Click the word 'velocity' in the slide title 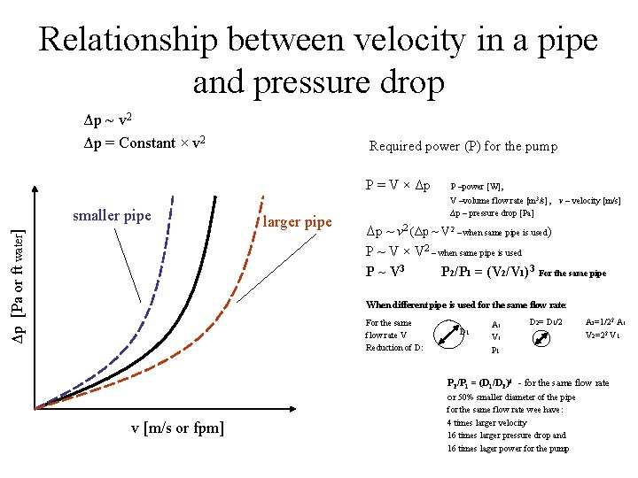click(382, 40)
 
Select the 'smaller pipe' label click(112, 215)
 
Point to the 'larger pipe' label click(297, 221)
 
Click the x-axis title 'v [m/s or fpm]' click(177, 428)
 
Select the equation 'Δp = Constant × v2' click(142, 143)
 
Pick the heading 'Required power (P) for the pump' click(463, 147)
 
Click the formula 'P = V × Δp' click(398, 186)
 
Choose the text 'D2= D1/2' click(547, 321)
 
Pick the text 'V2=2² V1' click(605, 335)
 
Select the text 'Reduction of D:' click(394, 347)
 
